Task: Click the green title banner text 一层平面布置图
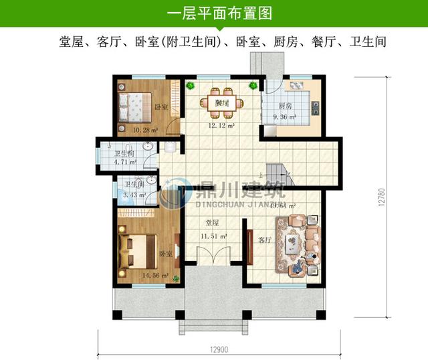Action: click(x=214, y=13)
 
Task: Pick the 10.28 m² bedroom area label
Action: click(x=144, y=128)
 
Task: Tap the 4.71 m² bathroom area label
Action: click(x=125, y=161)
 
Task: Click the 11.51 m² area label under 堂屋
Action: click(x=215, y=236)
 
